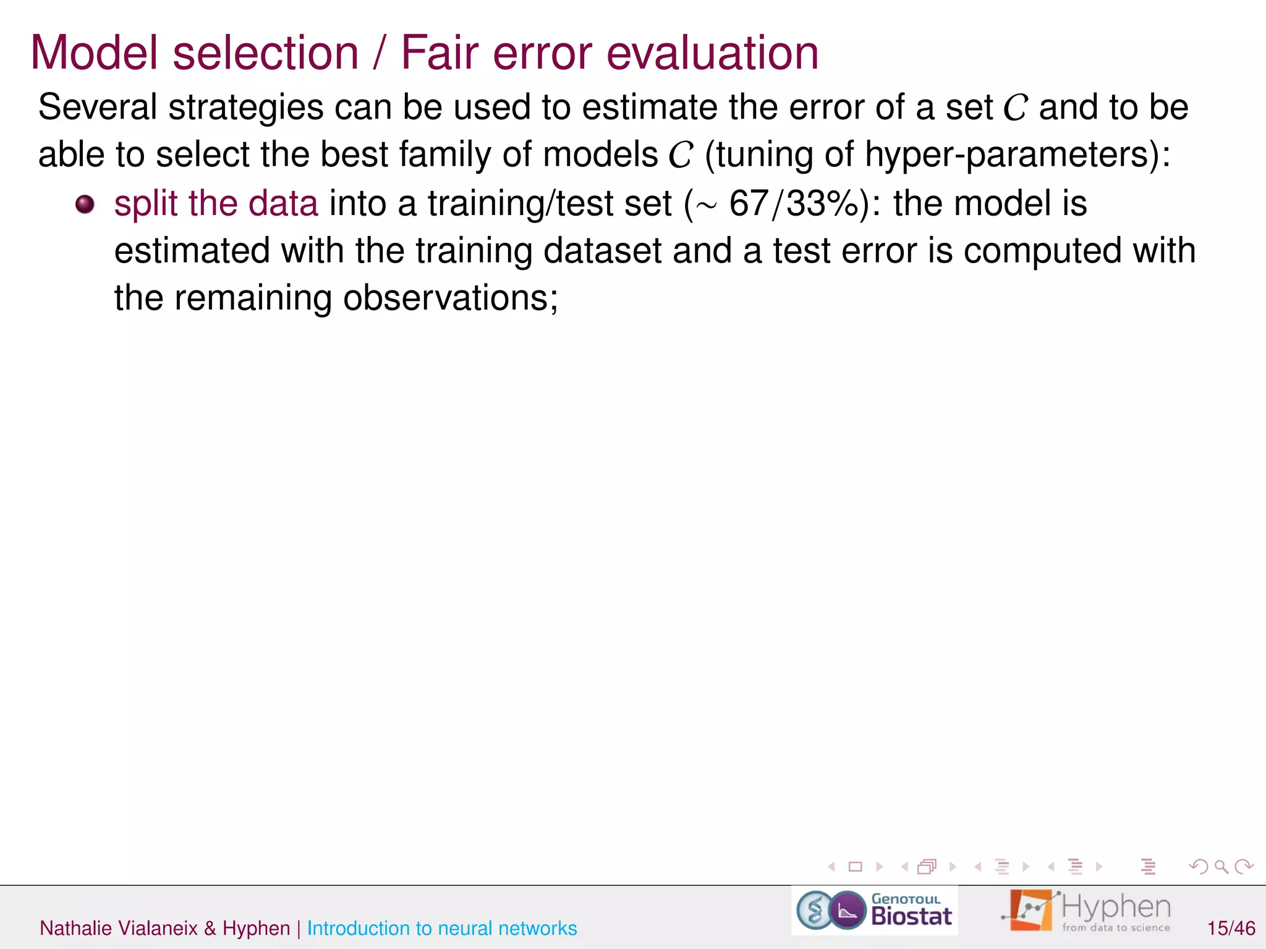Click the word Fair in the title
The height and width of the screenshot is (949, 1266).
tap(440, 53)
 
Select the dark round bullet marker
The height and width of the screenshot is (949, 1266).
tap(85, 205)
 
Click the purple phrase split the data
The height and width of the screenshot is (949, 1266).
tap(216, 204)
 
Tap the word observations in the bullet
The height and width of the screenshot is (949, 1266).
tap(450, 298)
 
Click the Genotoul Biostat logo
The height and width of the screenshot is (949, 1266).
tap(874, 911)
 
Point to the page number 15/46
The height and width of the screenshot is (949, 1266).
tap(1231, 928)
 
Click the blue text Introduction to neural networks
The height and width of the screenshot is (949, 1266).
tap(441, 928)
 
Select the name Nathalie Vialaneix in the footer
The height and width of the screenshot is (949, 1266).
tap(118, 928)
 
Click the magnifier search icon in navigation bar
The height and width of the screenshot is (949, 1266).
tap(1221, 867)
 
